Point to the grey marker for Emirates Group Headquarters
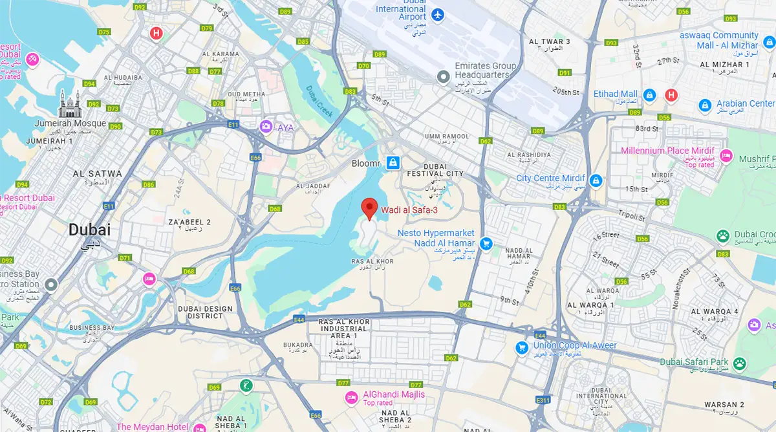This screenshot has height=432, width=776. (x=443, y=77)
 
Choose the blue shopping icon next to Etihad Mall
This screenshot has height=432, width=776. (x=651, y=96)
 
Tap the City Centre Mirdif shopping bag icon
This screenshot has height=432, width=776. (x=596, y=179)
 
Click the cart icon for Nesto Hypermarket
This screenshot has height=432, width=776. (x=487, y=243)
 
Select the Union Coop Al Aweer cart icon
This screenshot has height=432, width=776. (x=522, y=347)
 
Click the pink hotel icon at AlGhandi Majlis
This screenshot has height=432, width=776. (x=352, y=396)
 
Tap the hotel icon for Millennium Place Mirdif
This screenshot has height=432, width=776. (x=726, y=156)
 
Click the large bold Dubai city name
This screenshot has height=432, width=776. (x=89, y=230)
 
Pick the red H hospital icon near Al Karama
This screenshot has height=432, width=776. (x=156, y=32)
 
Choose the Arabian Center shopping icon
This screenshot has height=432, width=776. (x=706, y=105)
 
